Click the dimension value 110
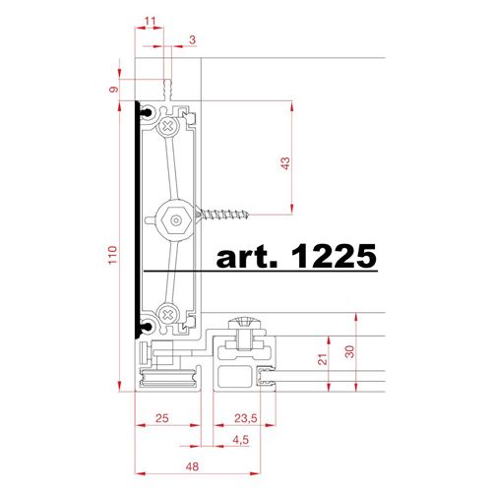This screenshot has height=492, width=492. pos(112,255)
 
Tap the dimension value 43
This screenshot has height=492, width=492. pos(285,163)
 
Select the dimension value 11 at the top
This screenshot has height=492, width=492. pos(150,22)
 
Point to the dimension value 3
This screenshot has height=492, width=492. pos(193,39)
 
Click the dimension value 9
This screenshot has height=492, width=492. pos(113,89)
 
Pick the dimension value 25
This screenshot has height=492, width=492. pos(162,418)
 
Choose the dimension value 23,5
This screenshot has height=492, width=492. pos(246,418)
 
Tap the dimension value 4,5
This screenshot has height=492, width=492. pos(241,440)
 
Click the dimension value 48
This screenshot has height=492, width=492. pos(192,466)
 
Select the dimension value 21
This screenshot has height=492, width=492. pos(323,359)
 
